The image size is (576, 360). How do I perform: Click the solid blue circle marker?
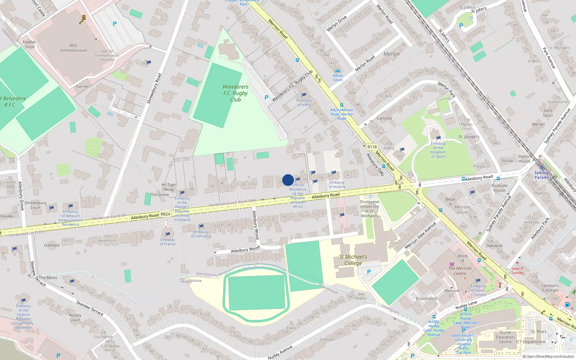(x=288, y=180)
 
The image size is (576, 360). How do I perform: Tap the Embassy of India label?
(x=304, y=103)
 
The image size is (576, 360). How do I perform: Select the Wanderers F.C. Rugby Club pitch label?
(x=235, y=93)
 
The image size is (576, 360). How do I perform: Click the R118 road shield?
(x=372, y=147)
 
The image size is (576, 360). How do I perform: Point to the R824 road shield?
(x=165, y=214)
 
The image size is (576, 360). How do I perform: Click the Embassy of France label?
(x=168, y=242)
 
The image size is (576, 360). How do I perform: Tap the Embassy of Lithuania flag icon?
(x=201, y=226)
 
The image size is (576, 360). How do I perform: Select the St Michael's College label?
(x=353, y=260)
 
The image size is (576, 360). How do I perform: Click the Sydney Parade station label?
(x=541, y=175)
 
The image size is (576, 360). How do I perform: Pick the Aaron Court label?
(x=338, y=77)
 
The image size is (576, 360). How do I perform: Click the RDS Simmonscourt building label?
(x=73, y=48)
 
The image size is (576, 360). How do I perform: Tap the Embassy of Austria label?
(x=337, y=184)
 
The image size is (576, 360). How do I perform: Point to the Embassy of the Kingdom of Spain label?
(x=438, y=150)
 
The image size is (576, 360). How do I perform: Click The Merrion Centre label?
(x=460, y=271)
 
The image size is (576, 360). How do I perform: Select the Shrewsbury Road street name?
(x=154, y=89)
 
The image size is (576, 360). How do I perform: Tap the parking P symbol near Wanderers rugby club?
(x=266, y=98)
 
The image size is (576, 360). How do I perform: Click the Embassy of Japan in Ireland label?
(x=478, y=290)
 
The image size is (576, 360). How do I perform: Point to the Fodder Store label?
(x=30, y=44)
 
